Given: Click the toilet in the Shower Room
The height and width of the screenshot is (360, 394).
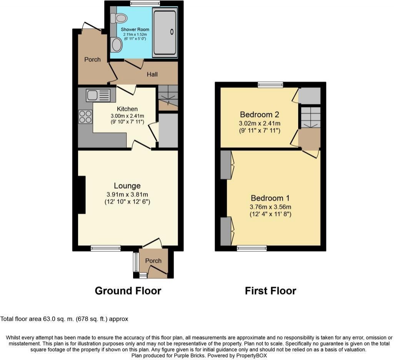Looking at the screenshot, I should coord(119,18).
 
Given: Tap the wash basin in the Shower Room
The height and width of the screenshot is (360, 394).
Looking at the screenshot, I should coord(116,45).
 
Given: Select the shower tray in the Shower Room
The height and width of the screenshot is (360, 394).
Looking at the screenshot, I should coord(165,32).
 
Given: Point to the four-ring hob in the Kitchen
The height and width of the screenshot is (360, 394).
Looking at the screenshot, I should coord(85,117).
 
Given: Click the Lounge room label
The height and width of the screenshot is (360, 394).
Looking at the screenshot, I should coord(127,186).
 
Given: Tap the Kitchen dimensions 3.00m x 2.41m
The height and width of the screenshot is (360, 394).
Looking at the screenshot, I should coord(127,116).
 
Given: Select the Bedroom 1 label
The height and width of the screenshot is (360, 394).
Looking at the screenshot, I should coord(270,198).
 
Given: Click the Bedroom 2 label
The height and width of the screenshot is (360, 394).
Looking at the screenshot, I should coord(259,114).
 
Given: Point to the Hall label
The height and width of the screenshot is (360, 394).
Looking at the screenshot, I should coord(152,74).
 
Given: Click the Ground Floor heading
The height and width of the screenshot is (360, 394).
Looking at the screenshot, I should coord(128,291).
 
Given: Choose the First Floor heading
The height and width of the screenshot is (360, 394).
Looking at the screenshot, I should coord(270,291).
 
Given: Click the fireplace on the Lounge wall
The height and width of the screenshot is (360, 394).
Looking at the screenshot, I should coord(81,195).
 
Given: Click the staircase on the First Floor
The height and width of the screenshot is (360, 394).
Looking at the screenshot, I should coord(310,117).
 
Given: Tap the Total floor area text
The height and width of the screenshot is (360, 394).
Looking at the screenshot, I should coord(64,319).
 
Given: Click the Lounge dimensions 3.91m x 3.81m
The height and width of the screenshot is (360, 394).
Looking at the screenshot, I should coord(127,194).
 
